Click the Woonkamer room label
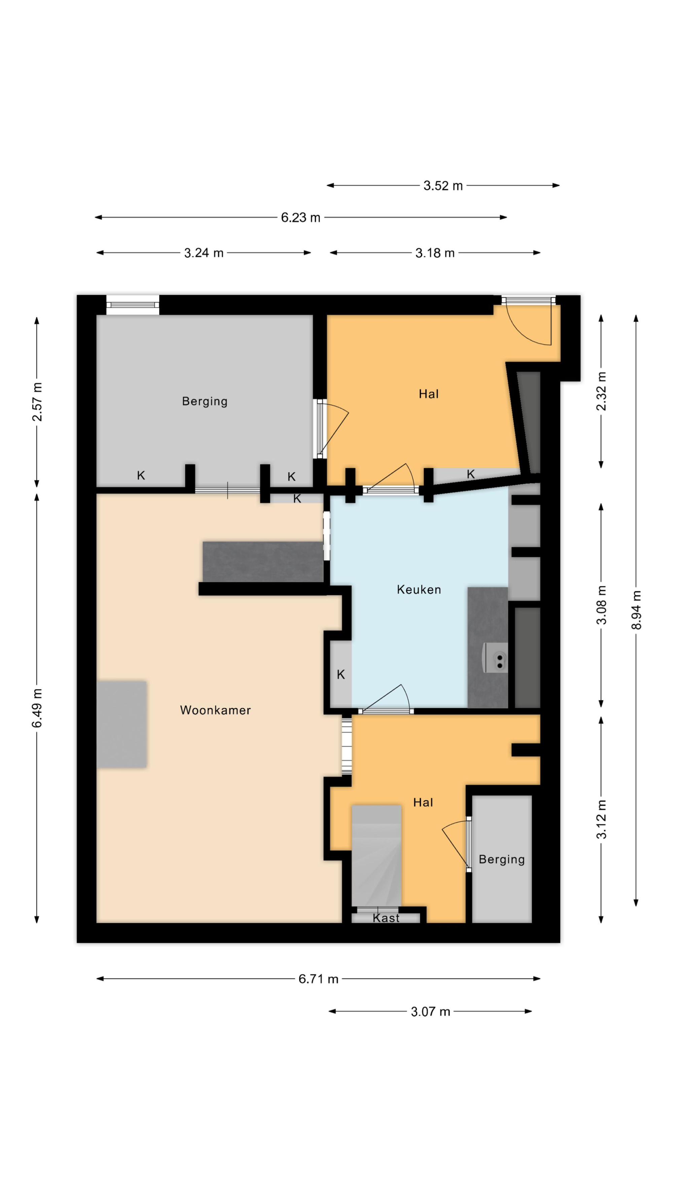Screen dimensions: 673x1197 click(x=215, y=710)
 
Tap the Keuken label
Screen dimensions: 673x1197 click(x=419, y=590)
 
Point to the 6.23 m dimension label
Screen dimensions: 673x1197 click(x=300, y=217)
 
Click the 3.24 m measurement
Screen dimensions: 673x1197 click(x=204, y=253)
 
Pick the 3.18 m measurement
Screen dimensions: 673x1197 click(x=435, y=253)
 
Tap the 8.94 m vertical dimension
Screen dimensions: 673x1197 click(x=636, y=610)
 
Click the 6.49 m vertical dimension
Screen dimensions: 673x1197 click(x=37, y=708)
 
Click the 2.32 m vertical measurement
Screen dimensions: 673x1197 click(x=601, y=391)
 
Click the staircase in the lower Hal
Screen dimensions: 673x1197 click(x=376, y=855)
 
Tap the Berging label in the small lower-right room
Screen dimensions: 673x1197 click(x=502, y=859)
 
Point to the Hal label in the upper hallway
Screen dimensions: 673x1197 click(x=428, y=394)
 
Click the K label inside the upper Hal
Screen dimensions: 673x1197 click(x=470, y=474)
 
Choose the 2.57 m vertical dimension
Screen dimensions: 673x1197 click(x=37, y=402)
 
